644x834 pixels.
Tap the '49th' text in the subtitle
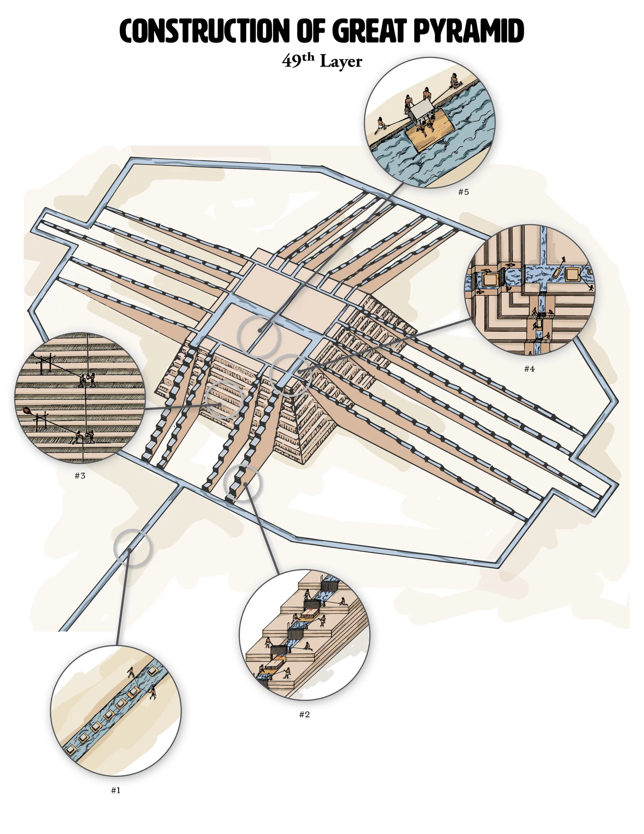pyautogui.click(x=298, y=61)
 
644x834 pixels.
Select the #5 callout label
pyautogui.click(x=463, y=192)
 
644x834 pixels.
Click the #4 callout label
pyautogui.click(x=529, y=369)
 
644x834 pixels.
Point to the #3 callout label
pyautogui.click(x=80, y=476)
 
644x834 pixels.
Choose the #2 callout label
pyautogui.click(x=304, y=715)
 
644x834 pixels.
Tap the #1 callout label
pyautogui.click(x=115, y=790)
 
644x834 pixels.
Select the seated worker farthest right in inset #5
pyautogui.click(x=454, y=81)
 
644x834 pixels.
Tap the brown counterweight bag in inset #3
pyautogui.click(x=27, y=411)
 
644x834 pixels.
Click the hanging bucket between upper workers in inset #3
pyautogui.click(x=89, y=377)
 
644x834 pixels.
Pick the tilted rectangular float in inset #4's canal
pyautogui.click(x=557, y=272)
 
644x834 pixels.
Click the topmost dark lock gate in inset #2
pyautogui.click(x=330, y=584)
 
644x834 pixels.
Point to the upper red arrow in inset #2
pyautogui.click(x=311, y=611)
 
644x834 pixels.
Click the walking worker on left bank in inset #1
pyautogui.click(x=131, y=672)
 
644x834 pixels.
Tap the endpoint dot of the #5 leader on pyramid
pyautogui.click(x=260, y=330)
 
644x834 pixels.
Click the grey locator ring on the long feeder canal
pyautogui.click(x=133, y=548)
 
